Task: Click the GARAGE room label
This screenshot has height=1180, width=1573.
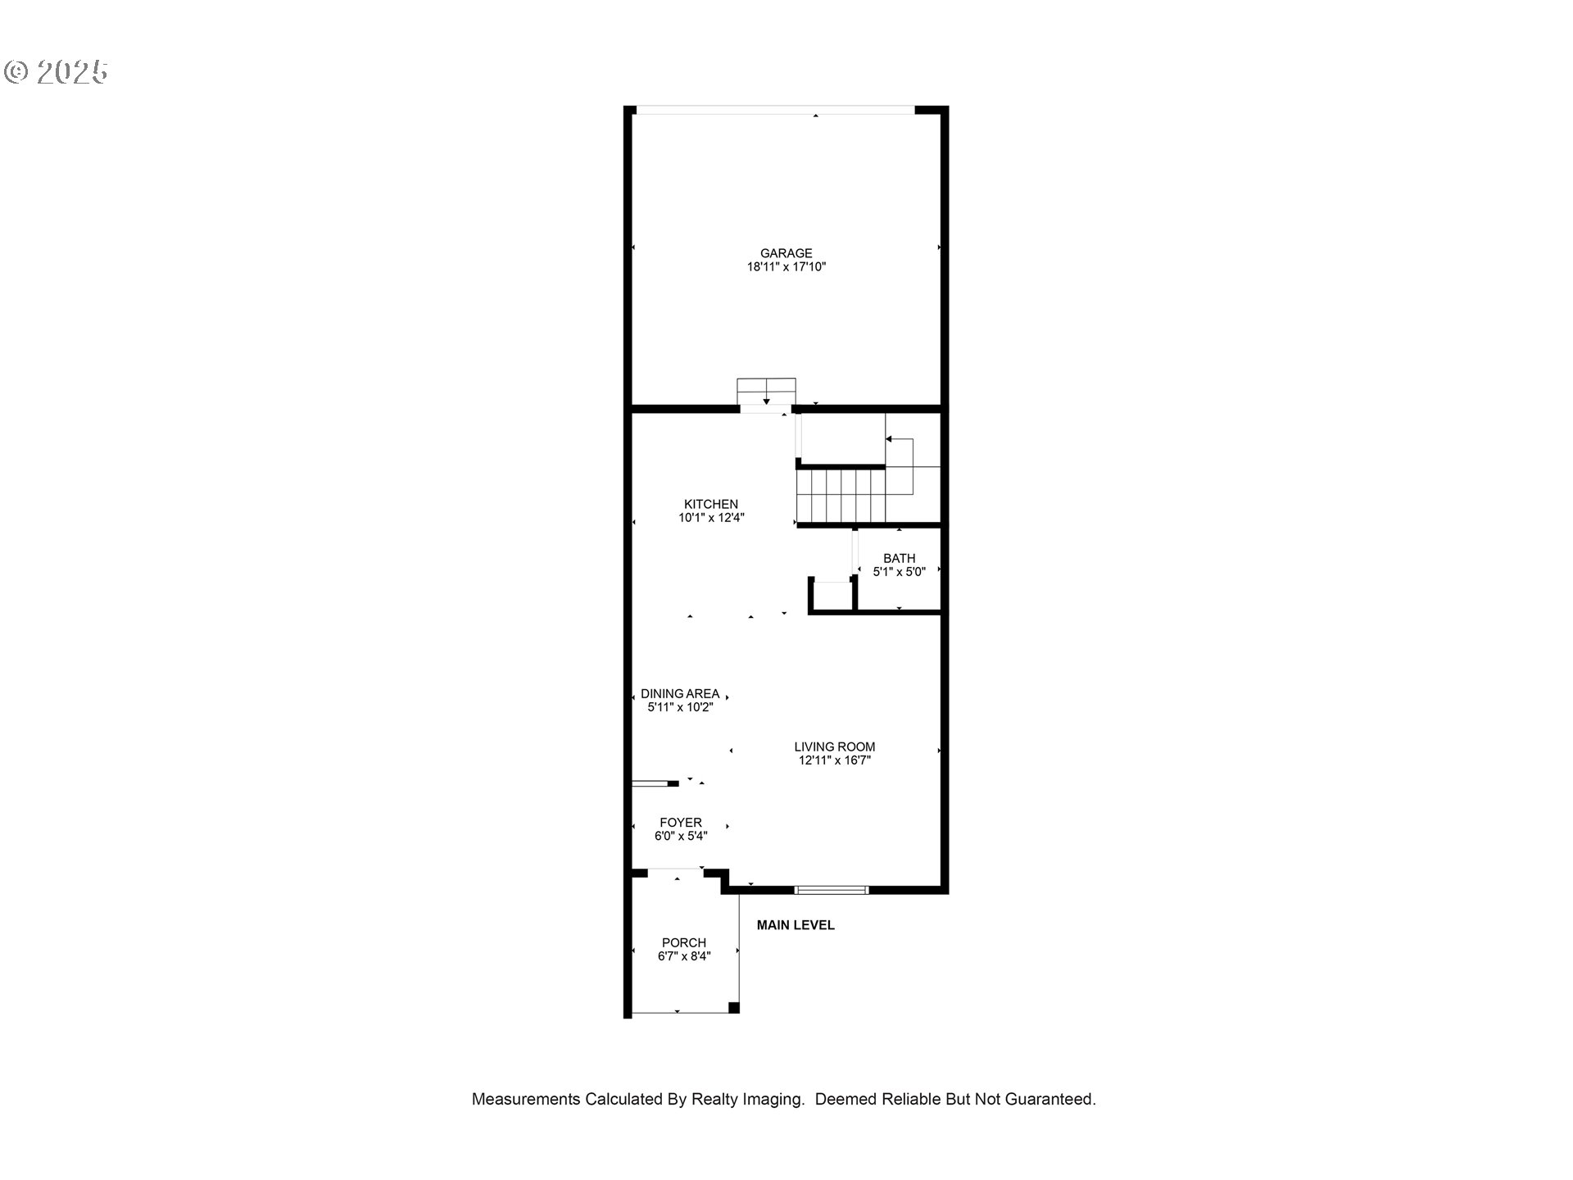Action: point(786,253)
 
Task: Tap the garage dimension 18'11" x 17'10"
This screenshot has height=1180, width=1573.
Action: point(786,267)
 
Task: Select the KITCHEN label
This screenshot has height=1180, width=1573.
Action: point(711,504)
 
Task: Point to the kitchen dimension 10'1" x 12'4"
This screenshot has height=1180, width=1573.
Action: point(711,518)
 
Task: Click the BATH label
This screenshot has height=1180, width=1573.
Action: point(899,558)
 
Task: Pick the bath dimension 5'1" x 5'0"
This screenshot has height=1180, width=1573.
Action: point(899,572)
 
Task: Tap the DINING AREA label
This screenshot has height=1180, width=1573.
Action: point(680,693)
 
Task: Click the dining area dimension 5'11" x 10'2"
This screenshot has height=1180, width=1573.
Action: point(680,707)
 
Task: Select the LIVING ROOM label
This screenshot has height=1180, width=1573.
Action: point(834,747)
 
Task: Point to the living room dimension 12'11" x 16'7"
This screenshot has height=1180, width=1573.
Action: point(834,760)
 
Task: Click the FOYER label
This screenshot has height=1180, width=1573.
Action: point(681,823)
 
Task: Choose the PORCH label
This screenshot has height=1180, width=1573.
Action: point(684,943)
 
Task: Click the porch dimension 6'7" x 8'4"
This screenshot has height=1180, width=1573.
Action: point(684,956)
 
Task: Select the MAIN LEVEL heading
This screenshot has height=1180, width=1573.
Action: point(796,925)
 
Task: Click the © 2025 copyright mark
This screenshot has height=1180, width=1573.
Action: point(56,72)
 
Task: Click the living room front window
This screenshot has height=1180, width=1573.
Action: point(832,890)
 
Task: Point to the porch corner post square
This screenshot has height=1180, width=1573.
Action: point(734,1008)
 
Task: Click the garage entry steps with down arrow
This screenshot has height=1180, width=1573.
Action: point(766,392)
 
